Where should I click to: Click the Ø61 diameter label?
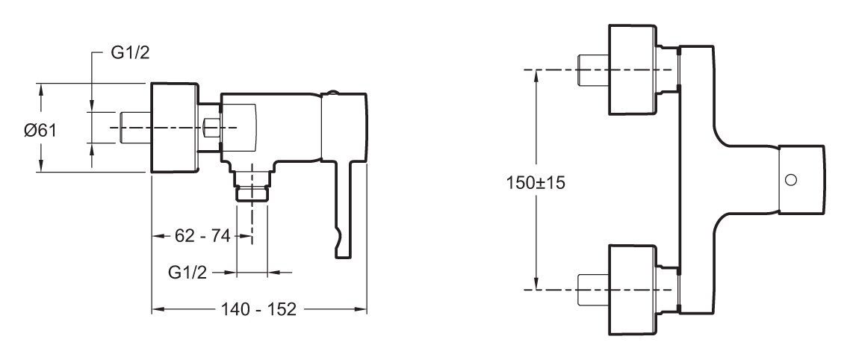40,131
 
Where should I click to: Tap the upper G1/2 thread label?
130,53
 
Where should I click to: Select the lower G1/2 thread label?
187,273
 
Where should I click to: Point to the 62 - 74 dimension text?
202,236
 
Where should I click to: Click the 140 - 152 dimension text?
258,309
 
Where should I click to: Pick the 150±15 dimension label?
536,182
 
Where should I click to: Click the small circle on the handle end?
791,180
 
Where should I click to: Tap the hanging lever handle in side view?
345,208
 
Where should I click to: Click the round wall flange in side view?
174,128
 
